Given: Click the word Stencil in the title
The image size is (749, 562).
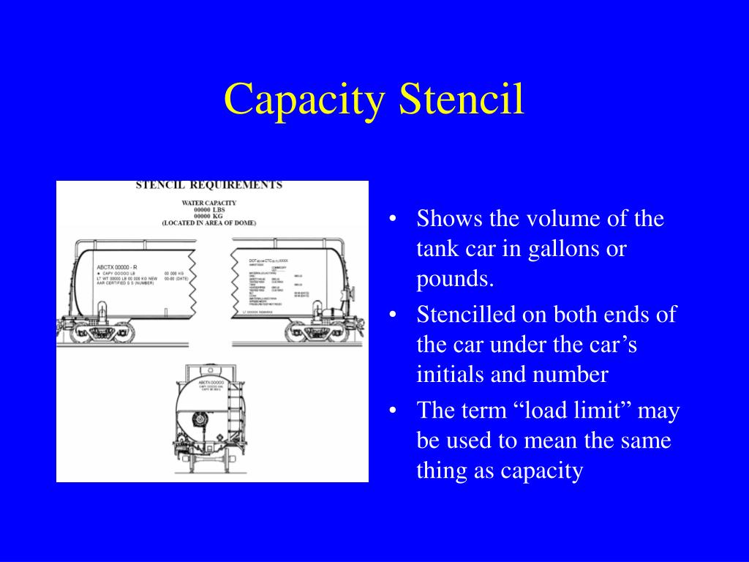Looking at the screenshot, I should coord(462,100).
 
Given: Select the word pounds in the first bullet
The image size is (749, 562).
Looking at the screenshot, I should coord(452,279).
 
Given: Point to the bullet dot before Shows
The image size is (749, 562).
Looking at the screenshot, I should coord(394,219).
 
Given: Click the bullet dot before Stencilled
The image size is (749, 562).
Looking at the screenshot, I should coord(394,315).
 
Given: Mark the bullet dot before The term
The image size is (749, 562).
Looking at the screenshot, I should coord(394,411).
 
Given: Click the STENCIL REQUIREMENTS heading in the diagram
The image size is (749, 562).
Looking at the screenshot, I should coord(209,185).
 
